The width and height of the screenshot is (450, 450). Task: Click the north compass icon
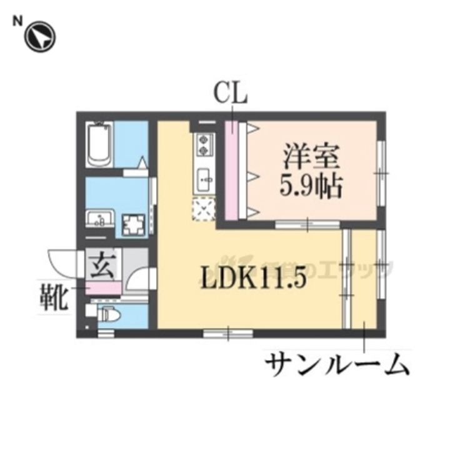click(39, 37)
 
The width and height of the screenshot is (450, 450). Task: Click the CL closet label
click(231, 95)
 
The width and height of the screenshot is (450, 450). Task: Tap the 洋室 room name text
click(311, 155)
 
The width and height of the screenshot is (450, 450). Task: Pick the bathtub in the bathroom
click(100, 145)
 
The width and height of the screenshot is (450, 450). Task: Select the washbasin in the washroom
click(99, 219)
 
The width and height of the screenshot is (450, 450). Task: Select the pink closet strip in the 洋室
click(231, 170)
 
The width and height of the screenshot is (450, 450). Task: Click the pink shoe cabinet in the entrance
click(102, 288)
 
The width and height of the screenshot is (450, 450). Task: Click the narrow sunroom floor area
click(363, 278)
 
